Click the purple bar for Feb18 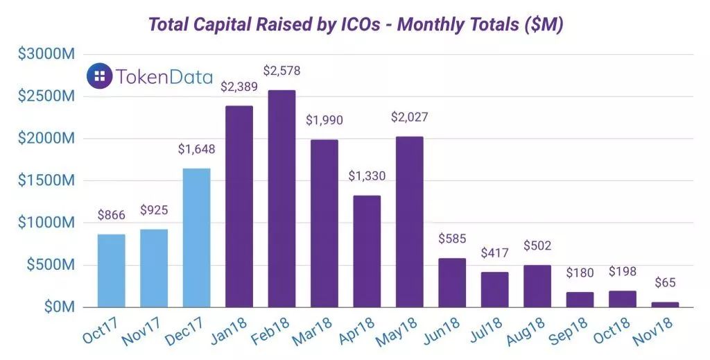[282, 198]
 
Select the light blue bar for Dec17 [196, 237]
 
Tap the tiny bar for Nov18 [665, 305]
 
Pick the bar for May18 [409, 221]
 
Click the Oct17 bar [111, 271]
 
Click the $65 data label [665, 283]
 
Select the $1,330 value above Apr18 [367, 176]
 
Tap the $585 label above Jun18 [452, 239]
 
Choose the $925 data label [154, 210]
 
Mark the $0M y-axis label [58, 307]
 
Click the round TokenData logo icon [100, 76]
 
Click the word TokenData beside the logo [165, 76]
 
